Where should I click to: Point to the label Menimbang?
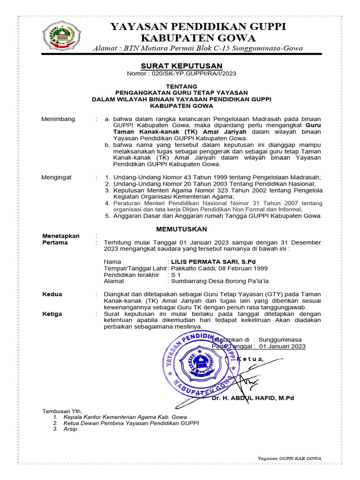coord(59,119)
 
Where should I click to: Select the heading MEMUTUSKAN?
coord(181,229)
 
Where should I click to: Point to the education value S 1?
coord(176,275)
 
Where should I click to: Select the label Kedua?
coord(52,294)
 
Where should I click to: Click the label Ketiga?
coord(52,314)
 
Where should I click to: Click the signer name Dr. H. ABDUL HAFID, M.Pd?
coord(253,398)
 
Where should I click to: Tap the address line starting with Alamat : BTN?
coord(197,48)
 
